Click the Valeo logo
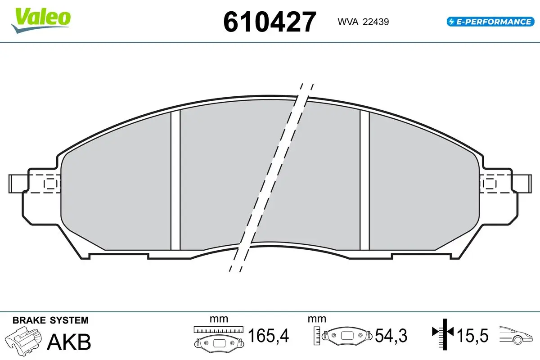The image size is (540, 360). tap(41, 20)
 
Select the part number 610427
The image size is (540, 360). tap(270, 22)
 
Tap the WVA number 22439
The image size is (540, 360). tap(376, 22)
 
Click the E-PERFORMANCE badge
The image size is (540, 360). tap(490, 22)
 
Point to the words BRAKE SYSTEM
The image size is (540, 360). tap(50, 320)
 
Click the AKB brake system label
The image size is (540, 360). tap(69, 342)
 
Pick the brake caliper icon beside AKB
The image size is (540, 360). tap(23, 340)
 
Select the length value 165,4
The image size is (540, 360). tap(268, 335)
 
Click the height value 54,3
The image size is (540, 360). tap(391, 335)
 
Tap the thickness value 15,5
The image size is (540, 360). tap(472, 335)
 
